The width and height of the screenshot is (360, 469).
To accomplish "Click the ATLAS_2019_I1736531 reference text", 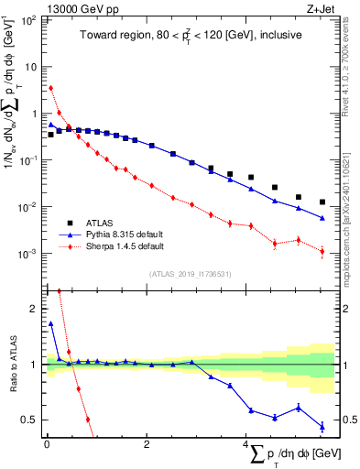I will click(x=189, y=274).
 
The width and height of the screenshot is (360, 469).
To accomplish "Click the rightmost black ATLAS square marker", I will click(x=322, y=202).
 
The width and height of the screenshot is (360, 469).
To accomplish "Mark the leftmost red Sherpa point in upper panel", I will click(x=50, y=88).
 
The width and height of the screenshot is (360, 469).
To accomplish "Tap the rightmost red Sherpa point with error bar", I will click(x=322, y=251).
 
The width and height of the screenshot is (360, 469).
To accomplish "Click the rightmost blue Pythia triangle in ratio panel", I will click(x=322, y=426).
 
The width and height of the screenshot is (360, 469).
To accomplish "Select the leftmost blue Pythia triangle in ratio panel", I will click(x=50, y=323).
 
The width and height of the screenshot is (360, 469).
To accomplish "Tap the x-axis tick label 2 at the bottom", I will click(x=147, y=444).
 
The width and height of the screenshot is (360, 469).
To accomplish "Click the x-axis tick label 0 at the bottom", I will click(x=46, y=444).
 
